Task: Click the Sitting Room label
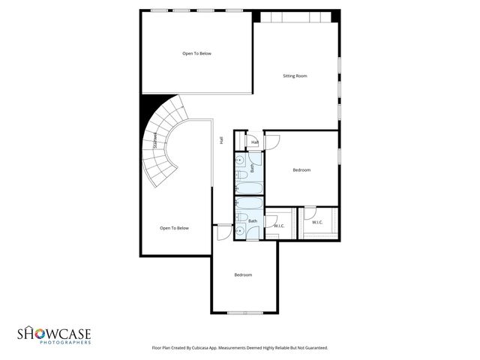(x=295, y=76)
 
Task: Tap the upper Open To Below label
(x=196, y=53)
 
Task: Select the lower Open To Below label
(x=174, y=228)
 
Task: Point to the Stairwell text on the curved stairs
(x=155, y=140)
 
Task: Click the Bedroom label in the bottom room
(x=243, y=274)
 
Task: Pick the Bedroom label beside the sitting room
(x=301, y=170)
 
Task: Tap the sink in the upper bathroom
(x=241, y=160)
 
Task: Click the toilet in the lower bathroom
(x=241, y=219)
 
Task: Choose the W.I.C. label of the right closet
(x=317, y=222)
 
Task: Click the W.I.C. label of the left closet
(x=279, y=226)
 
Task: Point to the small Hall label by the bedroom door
(x=255, y=142)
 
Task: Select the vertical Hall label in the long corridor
(x=221, y=140)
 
